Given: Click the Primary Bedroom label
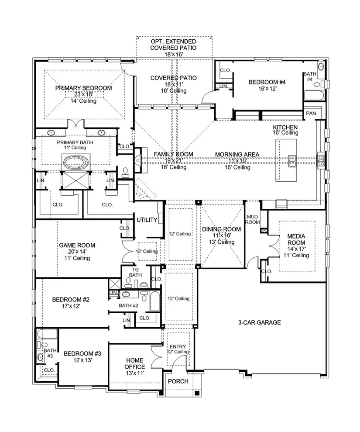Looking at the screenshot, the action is [x=83, y=88].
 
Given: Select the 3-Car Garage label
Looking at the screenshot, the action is [x=260, y=322].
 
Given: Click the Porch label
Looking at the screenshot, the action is [x=178, y=381].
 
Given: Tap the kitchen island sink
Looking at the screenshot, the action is [x=292, y=161].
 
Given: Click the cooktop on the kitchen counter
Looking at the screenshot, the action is [x=321, y=160].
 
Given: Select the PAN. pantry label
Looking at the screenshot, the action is [x=311, y=113].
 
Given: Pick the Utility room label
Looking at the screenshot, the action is [x=147, y=220].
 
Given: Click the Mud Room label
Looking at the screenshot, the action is [x=252, y=219].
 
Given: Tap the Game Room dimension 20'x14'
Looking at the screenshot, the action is [x=77, y=252].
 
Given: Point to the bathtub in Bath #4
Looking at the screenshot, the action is [x=314, y=96].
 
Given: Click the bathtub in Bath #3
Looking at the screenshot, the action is [x=47, y=334].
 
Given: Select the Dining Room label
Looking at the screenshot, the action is [x=222, y=229].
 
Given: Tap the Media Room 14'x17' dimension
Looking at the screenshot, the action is [x=296, y=249].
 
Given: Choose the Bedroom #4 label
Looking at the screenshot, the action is [x=267, y=82].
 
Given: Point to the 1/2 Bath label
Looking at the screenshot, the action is [x=135, y=272].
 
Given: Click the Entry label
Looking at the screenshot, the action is [x=178, y=346].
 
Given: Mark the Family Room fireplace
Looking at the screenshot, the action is [x=137, y=160].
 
